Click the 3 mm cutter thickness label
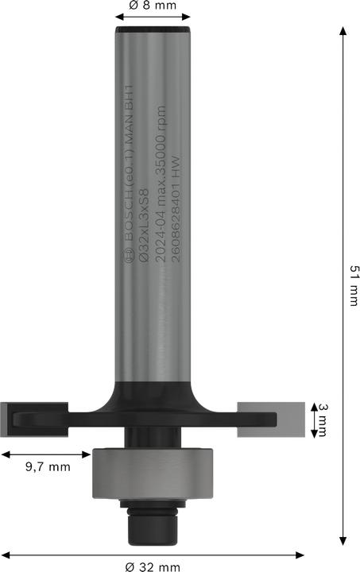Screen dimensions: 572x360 tap(323, 419)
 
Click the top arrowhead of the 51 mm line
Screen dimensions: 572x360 tap(343, 31)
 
